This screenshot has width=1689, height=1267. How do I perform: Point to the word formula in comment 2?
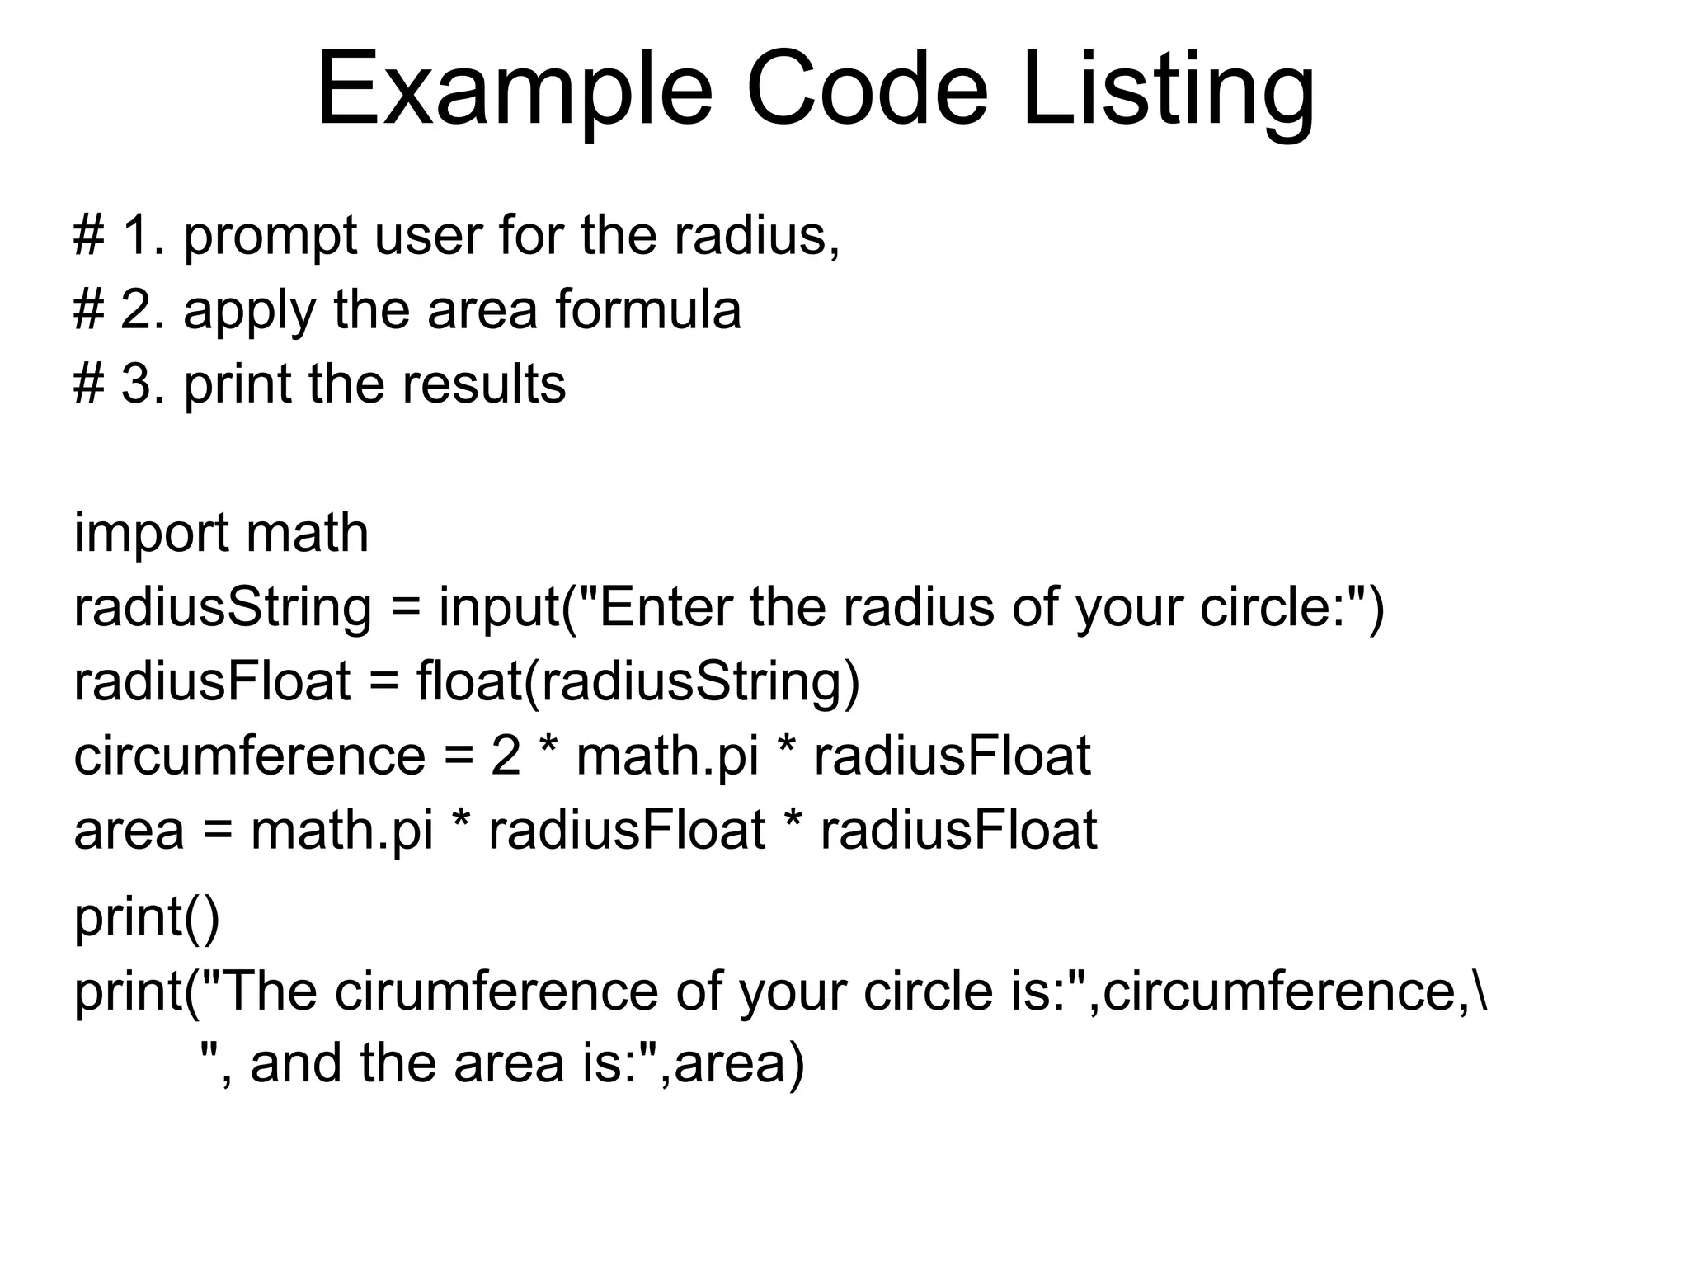coord(648,310)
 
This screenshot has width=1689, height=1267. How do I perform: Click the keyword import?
coord(149,534)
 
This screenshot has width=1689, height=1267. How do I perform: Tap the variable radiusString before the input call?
coord(223,608)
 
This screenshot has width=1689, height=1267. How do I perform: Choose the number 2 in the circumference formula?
coord(506,756)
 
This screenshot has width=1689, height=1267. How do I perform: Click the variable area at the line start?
coord(129,831)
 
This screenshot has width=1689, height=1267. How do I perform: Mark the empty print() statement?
coord(147,917)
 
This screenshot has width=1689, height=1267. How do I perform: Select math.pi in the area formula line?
coord(342,831)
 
